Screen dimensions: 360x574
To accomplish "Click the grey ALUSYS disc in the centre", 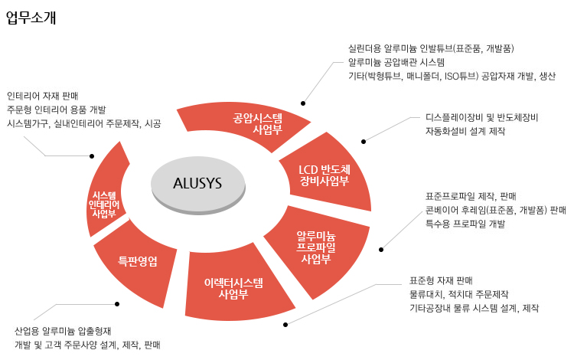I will [197, 183].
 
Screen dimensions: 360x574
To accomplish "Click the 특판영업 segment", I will [138, 261].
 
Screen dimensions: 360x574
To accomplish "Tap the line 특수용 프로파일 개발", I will [465, 224].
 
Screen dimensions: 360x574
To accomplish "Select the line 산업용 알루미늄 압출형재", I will [64, 332].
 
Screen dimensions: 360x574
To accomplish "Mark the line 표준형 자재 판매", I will [442, 280].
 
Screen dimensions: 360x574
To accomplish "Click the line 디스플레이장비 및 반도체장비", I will [482, 118].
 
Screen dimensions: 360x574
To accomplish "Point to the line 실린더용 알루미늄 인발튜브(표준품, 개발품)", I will [430, 47].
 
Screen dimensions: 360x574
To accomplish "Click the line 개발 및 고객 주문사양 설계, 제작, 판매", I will [87, 345].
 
